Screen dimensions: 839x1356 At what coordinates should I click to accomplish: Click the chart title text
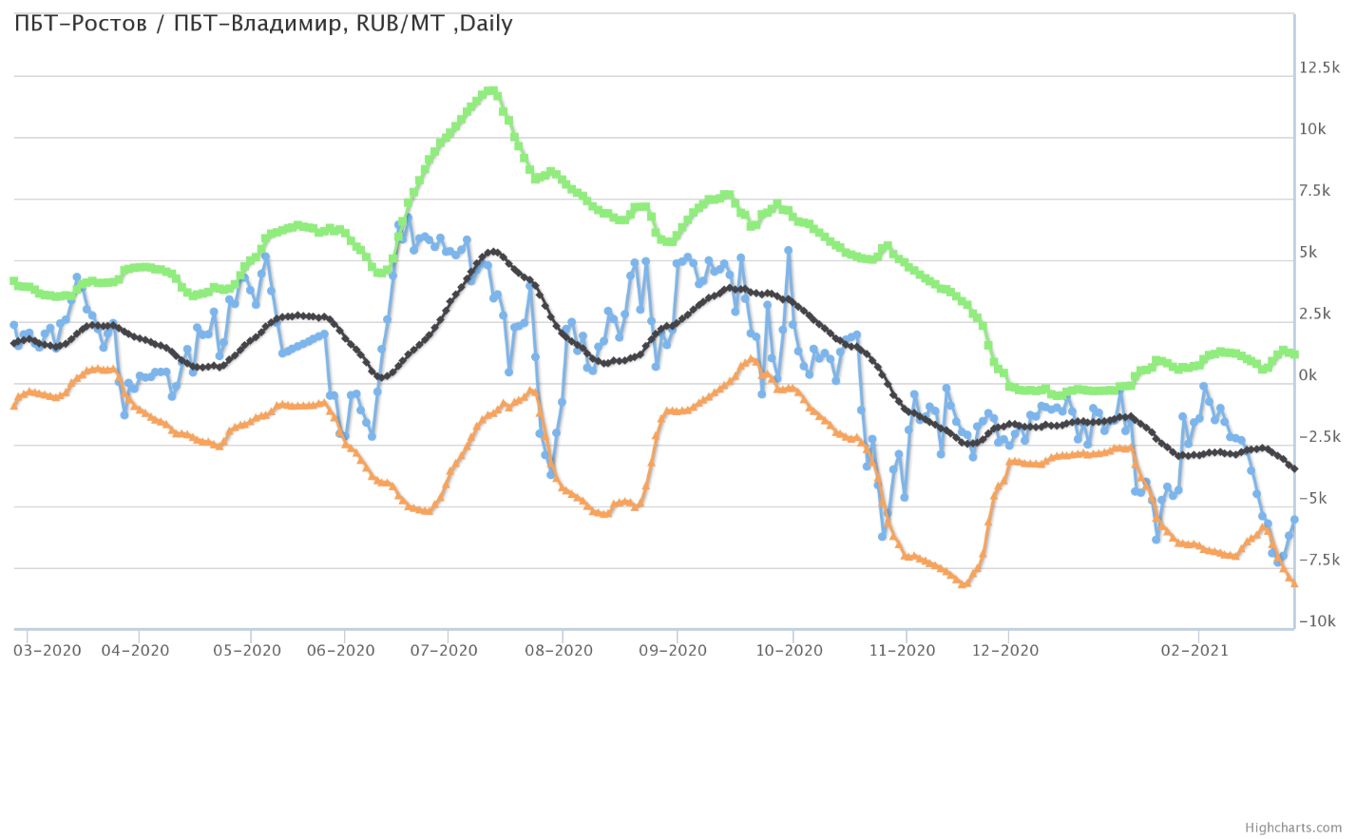click(263, 24)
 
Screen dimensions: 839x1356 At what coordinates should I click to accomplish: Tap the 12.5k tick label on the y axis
click(1319, 67)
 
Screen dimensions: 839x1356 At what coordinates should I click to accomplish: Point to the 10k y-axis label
click(1312, 129)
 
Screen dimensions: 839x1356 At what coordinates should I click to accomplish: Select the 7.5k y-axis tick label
click(1314, 191)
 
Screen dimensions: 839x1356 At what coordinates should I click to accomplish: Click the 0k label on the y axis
click(1308, 375)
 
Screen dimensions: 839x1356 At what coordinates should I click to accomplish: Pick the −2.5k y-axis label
click(1319, 437)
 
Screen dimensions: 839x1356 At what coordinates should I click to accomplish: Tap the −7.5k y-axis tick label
click(1319, 560)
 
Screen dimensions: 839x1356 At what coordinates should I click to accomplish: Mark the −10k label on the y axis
click(1317, 621)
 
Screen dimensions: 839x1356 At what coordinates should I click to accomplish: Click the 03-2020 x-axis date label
click(48, 651)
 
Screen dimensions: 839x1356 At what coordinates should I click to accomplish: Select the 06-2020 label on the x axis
click(341, 651)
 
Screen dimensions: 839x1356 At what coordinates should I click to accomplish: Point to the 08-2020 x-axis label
click(559, 651)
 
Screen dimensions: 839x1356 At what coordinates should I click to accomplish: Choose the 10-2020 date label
click(789, 651)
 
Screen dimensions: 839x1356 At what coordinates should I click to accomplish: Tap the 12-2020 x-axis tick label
click(1005, 651)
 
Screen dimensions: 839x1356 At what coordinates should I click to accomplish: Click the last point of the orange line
click(1294, 582)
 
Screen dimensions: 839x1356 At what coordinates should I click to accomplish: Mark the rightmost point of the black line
click(1294, 468)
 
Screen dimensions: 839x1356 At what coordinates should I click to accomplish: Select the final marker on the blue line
click(1294, 520)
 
